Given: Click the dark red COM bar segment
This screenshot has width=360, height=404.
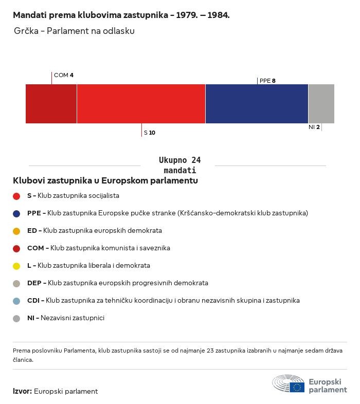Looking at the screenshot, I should click(51, 104).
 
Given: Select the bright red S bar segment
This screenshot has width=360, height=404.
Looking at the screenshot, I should click(141, 104).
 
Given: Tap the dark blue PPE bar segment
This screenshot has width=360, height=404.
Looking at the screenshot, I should click(257, 104).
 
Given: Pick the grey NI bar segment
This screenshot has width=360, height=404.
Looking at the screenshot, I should click(321, 104).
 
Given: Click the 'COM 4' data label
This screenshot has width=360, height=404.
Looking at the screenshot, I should click(64, 75).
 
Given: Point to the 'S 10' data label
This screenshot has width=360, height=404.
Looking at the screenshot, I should click(150, 133).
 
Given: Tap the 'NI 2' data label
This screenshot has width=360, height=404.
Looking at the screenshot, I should click(314, 127).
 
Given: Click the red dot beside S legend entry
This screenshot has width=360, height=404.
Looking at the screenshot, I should click(16, 196).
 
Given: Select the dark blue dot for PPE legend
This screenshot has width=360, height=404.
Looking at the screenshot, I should click(16, 213).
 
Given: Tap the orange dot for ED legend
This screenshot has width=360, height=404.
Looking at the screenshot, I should click(16, 231).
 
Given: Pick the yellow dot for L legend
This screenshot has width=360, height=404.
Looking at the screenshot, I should click(16, 266).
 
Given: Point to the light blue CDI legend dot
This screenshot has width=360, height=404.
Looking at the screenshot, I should click(16, 301).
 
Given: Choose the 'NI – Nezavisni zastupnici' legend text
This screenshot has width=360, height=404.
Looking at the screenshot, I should click(66, 318).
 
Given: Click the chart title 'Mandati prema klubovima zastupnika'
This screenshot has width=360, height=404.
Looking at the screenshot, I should click(121, 15).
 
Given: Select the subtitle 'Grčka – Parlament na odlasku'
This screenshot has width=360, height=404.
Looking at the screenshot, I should click(75, 31).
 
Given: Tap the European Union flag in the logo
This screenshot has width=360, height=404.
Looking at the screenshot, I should click(297, 387).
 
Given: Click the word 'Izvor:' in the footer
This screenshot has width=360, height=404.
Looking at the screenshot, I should click(23, 391).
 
